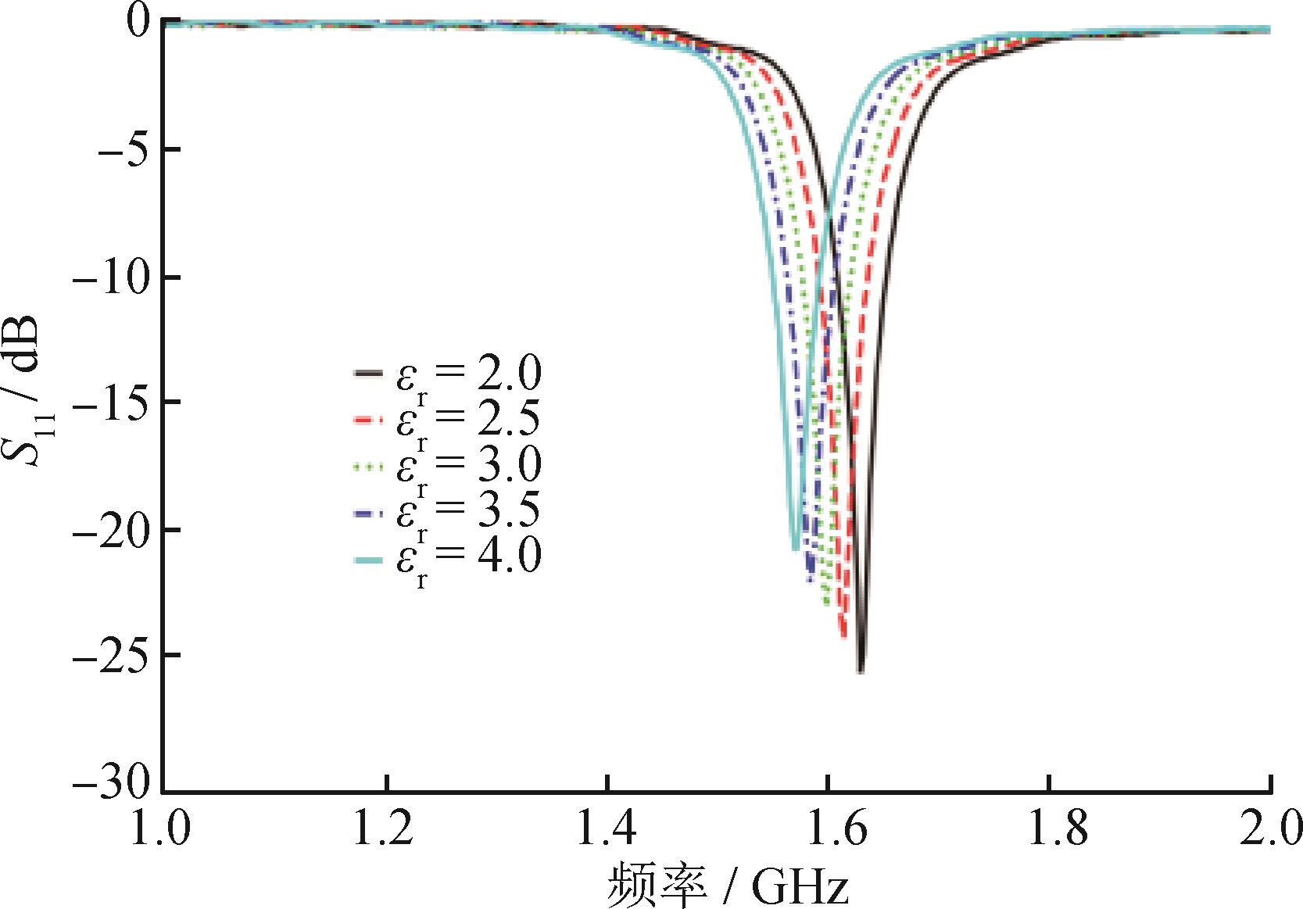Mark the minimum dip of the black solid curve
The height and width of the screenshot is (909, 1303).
[861, 671]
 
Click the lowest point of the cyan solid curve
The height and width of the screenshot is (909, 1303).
[795, 549]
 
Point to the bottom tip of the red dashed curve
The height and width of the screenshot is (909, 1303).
[844, 638]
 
